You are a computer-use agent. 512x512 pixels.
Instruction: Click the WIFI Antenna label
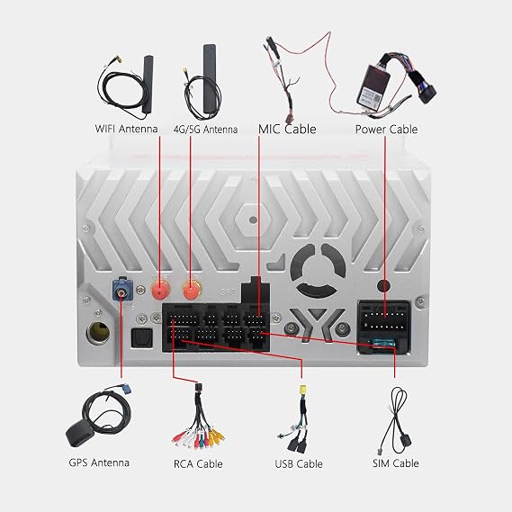[126, 129]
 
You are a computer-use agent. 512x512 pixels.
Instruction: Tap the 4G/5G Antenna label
[205, 130]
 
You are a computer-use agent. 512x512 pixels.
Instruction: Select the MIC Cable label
[287, 129]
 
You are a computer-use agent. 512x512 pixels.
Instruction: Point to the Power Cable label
[386, 130]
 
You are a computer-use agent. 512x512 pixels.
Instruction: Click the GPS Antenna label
[99, 463]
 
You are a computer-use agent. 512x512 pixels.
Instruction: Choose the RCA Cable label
[198, 463]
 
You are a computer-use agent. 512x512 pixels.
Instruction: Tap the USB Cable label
[299, 463]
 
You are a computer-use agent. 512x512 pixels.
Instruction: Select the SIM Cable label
[395, 463]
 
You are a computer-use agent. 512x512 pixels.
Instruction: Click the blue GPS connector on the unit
[122, 290]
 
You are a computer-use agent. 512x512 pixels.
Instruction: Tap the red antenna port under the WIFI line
[160, 290]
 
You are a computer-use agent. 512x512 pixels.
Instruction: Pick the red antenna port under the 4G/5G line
[192, 290]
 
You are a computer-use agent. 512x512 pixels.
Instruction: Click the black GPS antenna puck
[80, 434]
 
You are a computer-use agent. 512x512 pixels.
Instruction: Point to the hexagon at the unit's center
[253, 220]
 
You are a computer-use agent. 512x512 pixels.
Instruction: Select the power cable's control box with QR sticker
[373, 85]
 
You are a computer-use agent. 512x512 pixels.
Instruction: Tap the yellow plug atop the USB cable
[302, 390]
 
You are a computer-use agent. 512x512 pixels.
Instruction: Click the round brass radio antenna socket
[98, 332]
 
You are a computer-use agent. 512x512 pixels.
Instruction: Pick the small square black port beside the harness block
[141, 338]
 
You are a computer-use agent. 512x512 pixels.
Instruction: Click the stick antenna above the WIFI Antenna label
[148, 85]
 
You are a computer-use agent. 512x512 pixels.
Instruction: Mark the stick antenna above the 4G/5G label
[210, 79]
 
